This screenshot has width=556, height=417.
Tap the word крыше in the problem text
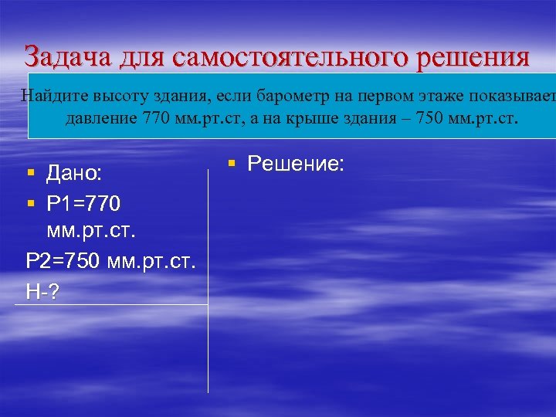[x=343, y=120]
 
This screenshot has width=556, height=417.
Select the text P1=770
[x=83, y=205]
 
